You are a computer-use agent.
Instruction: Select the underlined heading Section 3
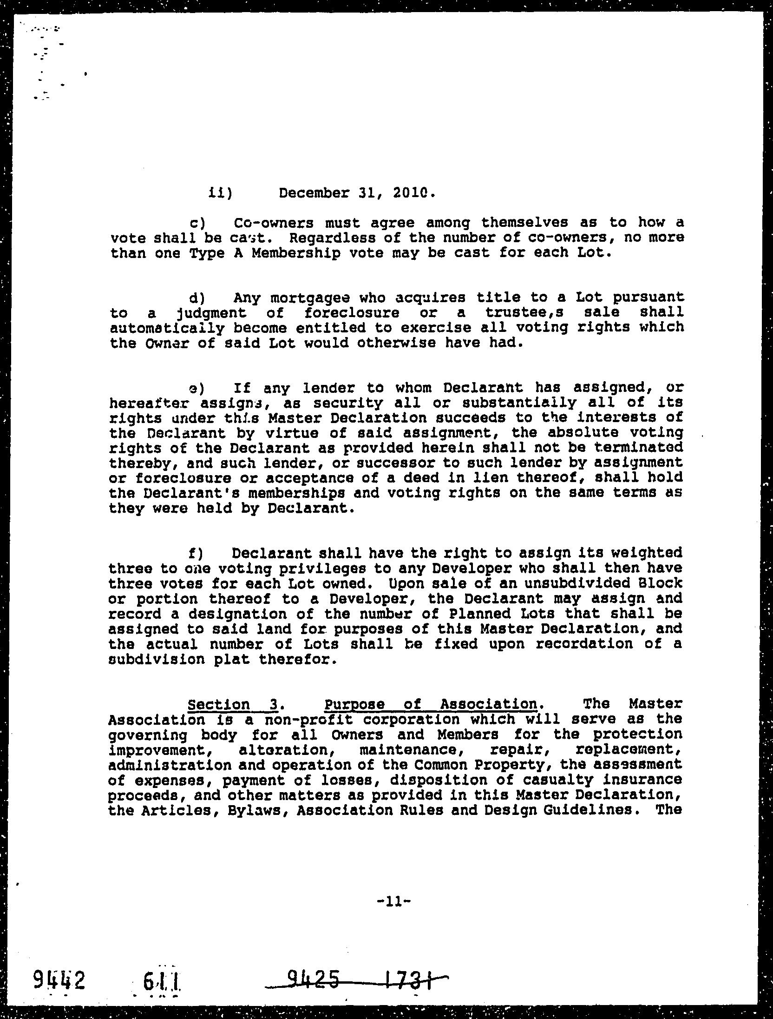point(232,705)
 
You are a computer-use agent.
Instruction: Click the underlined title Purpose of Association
point(431,705)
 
